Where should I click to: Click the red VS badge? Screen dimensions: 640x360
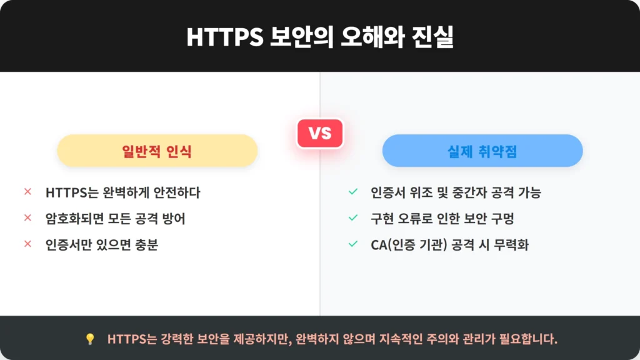[x=320, y=134]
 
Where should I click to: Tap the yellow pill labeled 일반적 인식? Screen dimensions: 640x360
[x=157, y=151]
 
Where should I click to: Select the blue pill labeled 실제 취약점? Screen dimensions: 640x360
[x=482, y=151]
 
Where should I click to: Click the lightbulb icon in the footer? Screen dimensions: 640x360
[x=90, y=339]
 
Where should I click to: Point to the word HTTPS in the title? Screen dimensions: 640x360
[x=225, y=37]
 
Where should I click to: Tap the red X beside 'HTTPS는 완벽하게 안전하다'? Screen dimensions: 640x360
[x=27, y=191]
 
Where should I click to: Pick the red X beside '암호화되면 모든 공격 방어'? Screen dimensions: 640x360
[x=27, y=217]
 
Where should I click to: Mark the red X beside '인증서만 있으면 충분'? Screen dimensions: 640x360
[x=27, y=244]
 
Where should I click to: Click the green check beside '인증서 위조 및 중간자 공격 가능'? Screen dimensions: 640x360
[x=353, y=191]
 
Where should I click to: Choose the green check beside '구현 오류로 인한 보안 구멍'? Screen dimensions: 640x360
[x=353, y=217]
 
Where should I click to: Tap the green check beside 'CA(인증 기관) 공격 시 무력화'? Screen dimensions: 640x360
[x=353, y=244]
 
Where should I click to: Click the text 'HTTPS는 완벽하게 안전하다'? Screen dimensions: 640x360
[x=123, y=192]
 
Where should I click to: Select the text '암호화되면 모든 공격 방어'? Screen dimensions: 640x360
[x=116, y=218]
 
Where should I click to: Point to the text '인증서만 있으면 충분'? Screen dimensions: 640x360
[x=102, y=244]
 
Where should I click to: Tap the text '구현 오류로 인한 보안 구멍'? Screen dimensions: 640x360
[x=442, y=218]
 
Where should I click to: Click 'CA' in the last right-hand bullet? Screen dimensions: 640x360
[x=378, y=245]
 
